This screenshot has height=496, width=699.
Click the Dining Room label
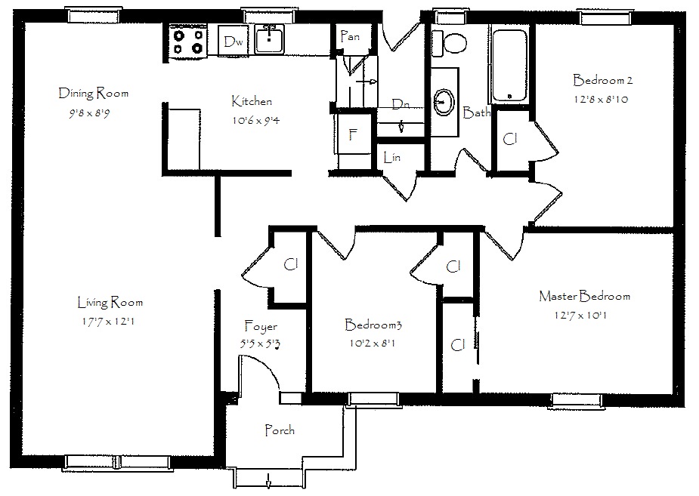coord(94,93)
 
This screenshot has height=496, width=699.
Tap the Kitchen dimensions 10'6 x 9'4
coord(256,120)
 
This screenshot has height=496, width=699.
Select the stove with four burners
coord(188,42)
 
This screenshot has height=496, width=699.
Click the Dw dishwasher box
coord(234,41)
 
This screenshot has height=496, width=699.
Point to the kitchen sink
coord(269,39)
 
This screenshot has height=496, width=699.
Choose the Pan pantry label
coord(350,36)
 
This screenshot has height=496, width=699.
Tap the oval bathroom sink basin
coord(444,102)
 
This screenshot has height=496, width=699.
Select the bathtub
coord(509,66)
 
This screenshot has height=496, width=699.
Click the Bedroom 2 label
coord(603,80)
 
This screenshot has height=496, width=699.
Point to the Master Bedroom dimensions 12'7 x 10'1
coord(580,316)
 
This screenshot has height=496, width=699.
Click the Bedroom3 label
coord(373,325)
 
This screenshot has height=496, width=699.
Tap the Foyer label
coord(261,327)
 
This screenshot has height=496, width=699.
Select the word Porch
coord(280,430)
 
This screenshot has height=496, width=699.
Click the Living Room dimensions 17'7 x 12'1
coord(108,321)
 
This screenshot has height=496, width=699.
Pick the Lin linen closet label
coord(392,157)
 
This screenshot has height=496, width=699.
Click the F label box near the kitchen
coord(354,134)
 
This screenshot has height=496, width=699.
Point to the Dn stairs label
coord(401,105)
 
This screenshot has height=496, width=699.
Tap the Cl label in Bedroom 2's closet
coord(509,140)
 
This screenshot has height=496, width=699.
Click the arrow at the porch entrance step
coord(268,481)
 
